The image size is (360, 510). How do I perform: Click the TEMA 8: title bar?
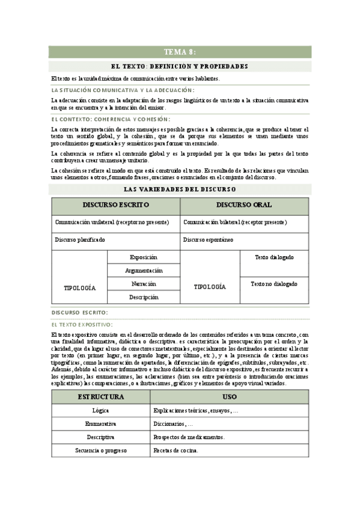(180, 52)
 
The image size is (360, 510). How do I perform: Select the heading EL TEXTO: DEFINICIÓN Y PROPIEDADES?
(180, 66)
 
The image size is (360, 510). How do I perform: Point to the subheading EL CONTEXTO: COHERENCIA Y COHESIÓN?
(111, 119)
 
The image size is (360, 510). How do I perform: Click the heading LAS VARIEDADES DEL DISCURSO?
(180, 189)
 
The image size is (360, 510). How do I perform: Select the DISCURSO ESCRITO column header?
(116, 205)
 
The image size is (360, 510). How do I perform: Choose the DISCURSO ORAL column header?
(244, 205)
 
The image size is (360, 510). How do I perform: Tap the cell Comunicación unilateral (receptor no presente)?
(116, 223)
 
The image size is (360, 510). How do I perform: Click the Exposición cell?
(144, 257)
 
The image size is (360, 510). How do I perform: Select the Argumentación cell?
(144, 271)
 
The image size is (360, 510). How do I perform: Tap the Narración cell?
(144, 284)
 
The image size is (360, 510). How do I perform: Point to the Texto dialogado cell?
(274, 257)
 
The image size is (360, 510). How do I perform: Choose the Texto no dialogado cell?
(274, 284)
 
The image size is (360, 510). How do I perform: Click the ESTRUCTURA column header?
(100, 397)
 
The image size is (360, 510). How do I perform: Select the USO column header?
(230, 397)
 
